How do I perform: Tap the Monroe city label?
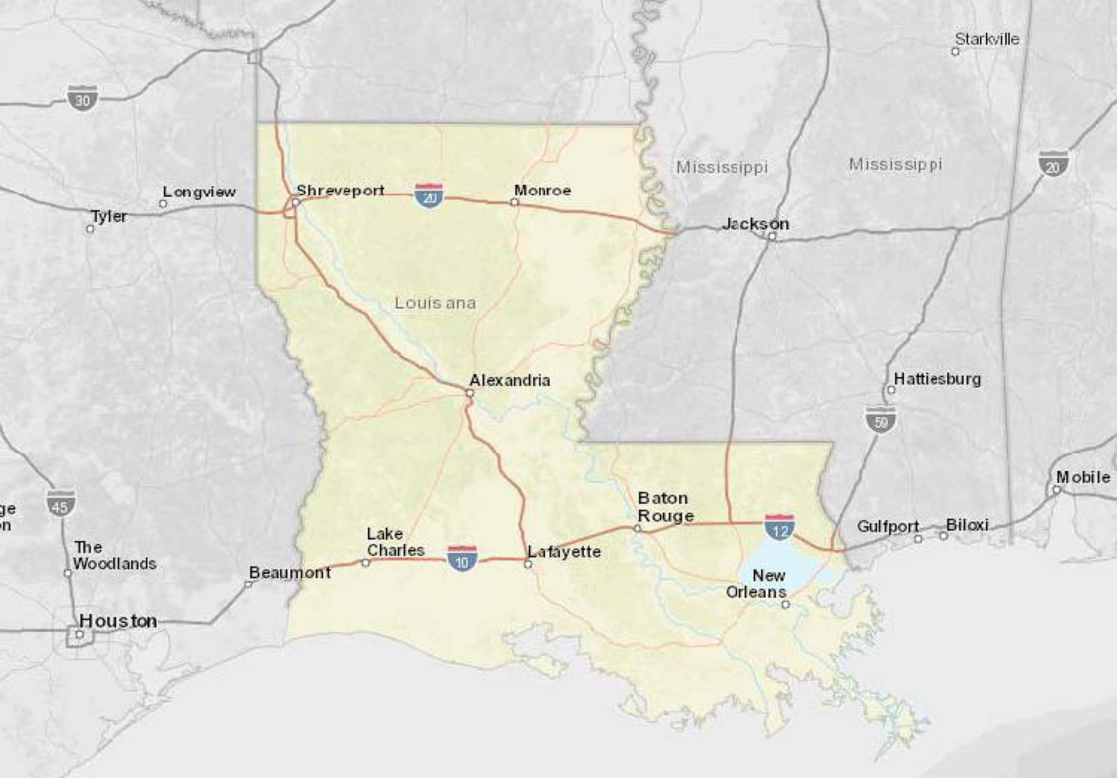coord(543,190)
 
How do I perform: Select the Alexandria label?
coord(510,380)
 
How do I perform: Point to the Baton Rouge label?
coord(665,507)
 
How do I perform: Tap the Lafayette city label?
coord(564,552)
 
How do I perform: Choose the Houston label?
coord(118,621)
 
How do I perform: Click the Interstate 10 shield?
coord(462,559)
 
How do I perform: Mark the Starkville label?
coord(987,39)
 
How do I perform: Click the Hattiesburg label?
coord(937,379)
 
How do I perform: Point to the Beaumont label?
coord(290,573)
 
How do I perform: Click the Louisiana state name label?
coord(435,303)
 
